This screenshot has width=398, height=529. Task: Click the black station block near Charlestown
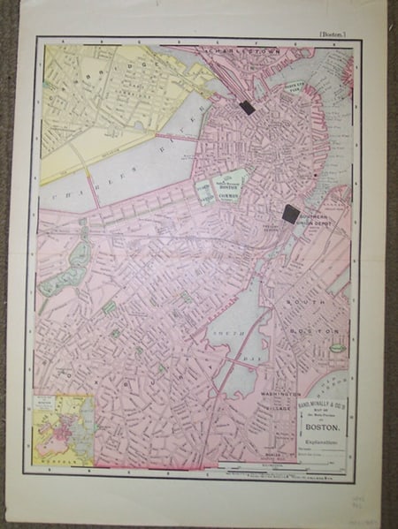[x=247, y=107]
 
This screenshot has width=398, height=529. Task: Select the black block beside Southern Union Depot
[x=290, y=212]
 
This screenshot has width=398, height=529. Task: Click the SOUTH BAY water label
[x=232, y=341]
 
